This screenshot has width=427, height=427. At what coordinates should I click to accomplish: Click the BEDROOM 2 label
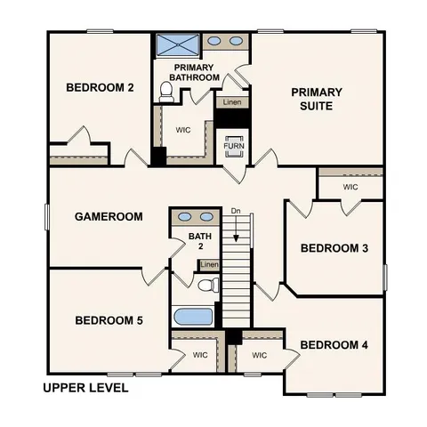point(100,87)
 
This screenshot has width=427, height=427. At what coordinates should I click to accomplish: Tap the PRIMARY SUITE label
point(316,99)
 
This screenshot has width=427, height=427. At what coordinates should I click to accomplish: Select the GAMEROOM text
point(109,216)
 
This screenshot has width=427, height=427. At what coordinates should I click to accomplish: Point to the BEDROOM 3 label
point(334,248)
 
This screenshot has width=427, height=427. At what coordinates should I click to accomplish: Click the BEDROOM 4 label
point(334,344)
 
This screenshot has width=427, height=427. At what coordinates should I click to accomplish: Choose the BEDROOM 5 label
point(109,320)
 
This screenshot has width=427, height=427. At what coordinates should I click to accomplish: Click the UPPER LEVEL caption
point(85,388)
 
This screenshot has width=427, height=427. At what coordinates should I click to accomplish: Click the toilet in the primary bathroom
point(165,92)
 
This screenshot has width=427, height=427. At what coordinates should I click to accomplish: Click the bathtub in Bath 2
point(192,317)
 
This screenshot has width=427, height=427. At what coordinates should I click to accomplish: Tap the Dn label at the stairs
point(236,211)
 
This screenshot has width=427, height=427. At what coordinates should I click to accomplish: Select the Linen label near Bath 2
point(210,265)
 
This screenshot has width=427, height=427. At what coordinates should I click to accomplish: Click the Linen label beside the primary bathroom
point(230,103)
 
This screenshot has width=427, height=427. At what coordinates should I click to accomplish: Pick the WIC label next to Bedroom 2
point(183,130)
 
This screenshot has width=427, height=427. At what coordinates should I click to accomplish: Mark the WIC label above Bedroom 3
point(350,188)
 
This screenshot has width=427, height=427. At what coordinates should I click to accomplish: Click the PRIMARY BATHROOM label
point(196,73)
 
